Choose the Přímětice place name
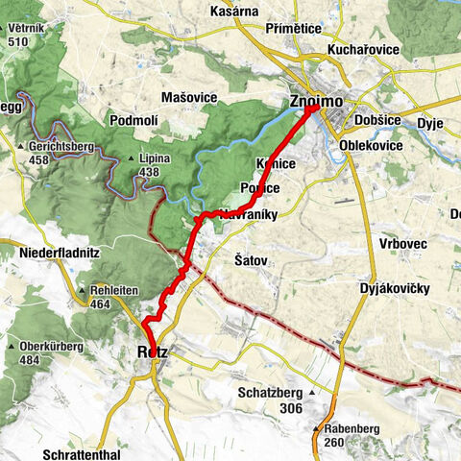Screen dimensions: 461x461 [x=296, y=29]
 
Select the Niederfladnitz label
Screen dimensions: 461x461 [x=60, y=253]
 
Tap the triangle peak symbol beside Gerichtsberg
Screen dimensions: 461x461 [x=21, y=146]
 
